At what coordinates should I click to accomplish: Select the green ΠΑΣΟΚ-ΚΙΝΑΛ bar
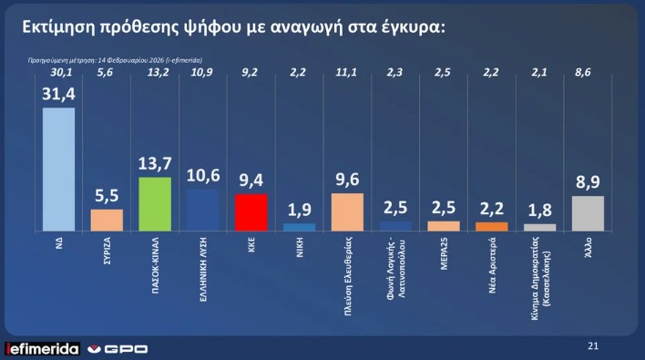pos(155,202)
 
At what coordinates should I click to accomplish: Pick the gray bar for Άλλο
pos(588,212)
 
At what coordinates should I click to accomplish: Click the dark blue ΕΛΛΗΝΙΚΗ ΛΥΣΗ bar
pos(202,208)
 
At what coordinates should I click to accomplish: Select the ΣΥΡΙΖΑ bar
pos(107,220)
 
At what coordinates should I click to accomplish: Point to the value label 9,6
pos(346,180)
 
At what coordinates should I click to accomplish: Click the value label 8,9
pos(588,182)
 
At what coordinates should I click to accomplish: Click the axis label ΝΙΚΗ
pos(299,245)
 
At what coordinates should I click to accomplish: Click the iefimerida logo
pos(42,347)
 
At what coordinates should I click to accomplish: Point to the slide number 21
pos(593,345)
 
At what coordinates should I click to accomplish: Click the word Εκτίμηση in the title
pos(58,28)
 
